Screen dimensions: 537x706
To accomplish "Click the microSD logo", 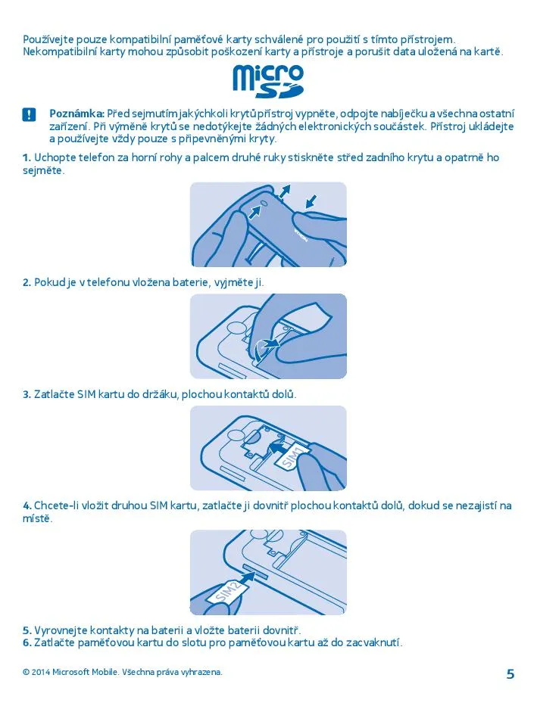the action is coord(268,82).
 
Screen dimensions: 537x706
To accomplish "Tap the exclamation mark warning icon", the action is coord(29,115).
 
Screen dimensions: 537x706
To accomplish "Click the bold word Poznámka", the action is coord(77,114).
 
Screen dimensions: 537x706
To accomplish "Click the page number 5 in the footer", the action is coord(510,674).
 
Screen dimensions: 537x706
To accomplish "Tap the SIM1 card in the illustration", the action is coord(292,457).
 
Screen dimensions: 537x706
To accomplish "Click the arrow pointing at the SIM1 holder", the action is coord(278,447).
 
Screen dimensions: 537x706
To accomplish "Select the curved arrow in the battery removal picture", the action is coord(264,348).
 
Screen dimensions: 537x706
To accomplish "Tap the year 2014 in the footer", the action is coord(41,672).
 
